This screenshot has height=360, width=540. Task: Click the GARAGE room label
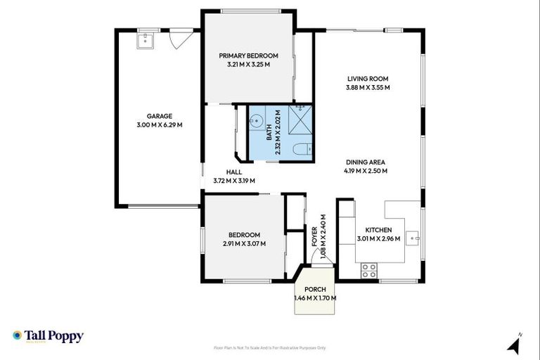(160, 116)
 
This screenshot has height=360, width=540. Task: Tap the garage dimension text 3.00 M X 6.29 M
(160, 125)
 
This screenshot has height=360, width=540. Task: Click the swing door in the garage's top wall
(179, 39)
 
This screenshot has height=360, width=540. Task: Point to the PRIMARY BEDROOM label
(248, 56)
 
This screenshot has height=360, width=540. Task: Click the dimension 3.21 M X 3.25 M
(248, 65)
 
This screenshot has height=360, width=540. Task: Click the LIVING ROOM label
(368, 79)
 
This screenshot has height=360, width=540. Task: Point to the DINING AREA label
(366, 161)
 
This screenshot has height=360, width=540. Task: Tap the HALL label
(233, 172)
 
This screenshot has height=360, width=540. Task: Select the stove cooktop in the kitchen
(369, 269)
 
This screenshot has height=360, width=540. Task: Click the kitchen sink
(414, 238)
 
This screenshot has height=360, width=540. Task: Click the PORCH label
(314, 289)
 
